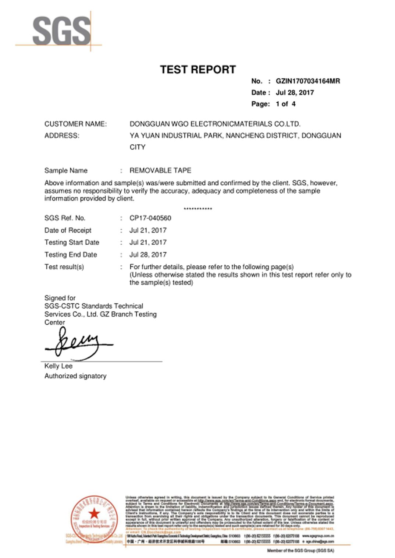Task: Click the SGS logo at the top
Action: (x=61, y=31)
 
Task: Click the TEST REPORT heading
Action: (x=197, y=70)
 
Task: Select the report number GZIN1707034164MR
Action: (x=307, y=81)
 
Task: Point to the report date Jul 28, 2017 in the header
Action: (x=295, y=92)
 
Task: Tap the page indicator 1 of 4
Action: (x=285, y=104)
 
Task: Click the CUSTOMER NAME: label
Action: (x=75, y=124)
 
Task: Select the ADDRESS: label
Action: (x=62, y=135)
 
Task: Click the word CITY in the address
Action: (x=137, y=147)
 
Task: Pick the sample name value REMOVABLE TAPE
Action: (x=160, y=170)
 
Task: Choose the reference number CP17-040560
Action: (x=150, y=218)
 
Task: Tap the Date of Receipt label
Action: (x=68, y=230)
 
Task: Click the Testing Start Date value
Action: (x=148, y=242)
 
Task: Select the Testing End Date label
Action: (x=71, y=255)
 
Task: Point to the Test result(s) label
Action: (x=64, y=267)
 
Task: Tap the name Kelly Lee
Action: (x=58, y=366)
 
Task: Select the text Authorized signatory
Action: (x=75, y=376)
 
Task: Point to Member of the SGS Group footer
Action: (x=300, y=551)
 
